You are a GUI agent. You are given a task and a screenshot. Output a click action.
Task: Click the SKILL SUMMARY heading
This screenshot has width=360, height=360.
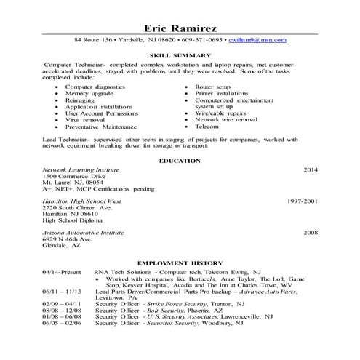coord(180,55)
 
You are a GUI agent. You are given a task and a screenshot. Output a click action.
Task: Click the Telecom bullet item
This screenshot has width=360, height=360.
coord(206,126)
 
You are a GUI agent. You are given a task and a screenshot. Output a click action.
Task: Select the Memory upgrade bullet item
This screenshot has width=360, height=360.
coord(90,93)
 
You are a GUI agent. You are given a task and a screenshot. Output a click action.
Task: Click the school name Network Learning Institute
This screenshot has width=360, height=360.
coord(79,169)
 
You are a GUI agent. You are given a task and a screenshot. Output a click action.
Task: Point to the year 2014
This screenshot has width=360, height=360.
coord(311,169)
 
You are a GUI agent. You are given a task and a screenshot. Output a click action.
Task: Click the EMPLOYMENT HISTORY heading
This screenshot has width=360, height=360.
coord(180,263)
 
